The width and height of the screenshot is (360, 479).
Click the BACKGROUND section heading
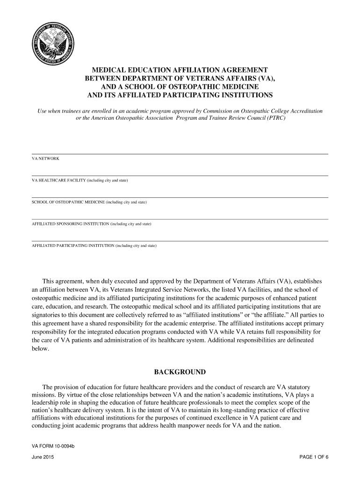click(180, 372)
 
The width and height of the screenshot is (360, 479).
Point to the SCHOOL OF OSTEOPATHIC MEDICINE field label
click(89, 202)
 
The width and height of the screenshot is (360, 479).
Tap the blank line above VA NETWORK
click(180, 153)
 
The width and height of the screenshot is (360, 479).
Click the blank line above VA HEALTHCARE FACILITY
click(180, 175)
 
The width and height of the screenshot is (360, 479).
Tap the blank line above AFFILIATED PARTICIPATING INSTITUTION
click(180, 240)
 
